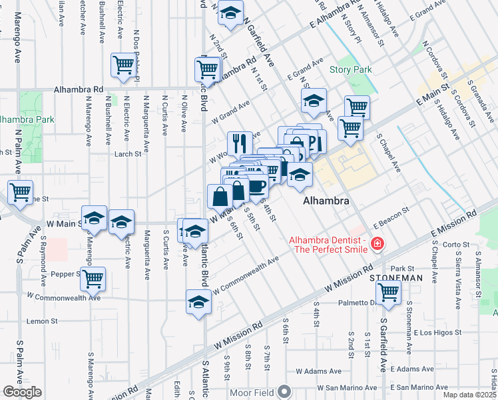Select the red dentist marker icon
coord(377,245)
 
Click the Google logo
coord(22,392)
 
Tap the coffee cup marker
coord(256,186)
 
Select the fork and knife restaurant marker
coord(240,142)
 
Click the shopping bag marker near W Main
coord(220,196)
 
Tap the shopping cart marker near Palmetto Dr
coord(388,291)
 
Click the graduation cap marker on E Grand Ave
coord(313,101)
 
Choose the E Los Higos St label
coord(437,332)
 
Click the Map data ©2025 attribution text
coord(470,395)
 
